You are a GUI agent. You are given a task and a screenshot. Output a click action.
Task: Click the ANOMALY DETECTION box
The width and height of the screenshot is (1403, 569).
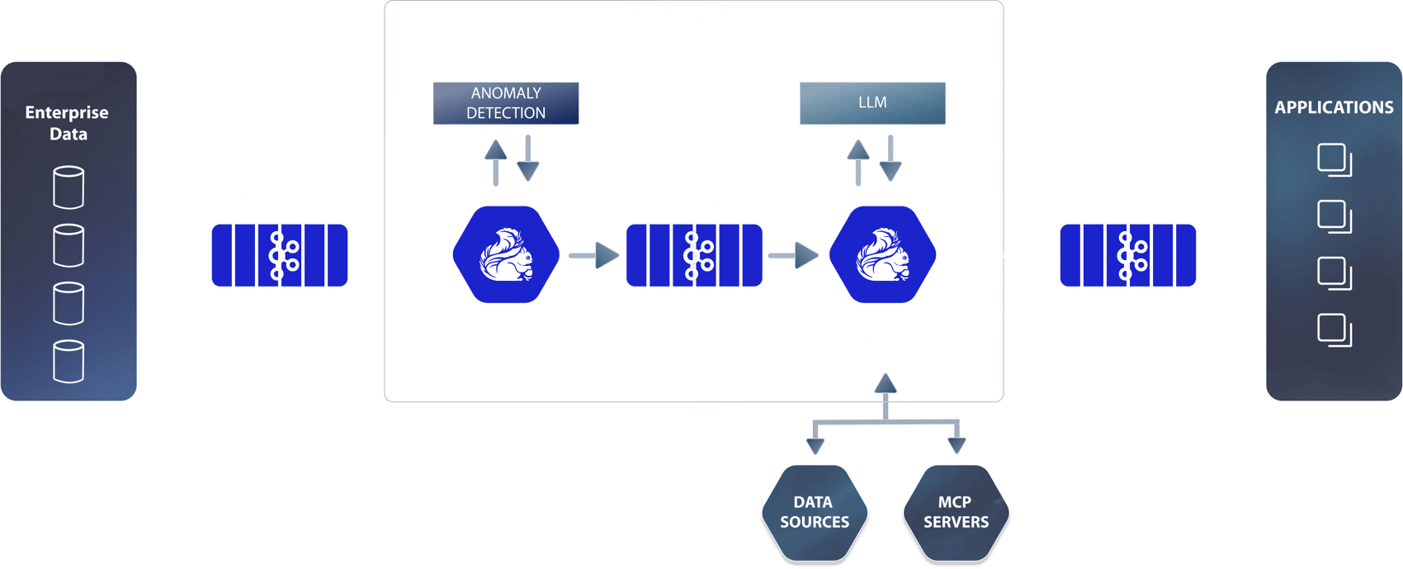click(506, 103)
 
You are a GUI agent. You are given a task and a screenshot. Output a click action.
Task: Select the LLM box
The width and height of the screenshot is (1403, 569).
click(872, 103)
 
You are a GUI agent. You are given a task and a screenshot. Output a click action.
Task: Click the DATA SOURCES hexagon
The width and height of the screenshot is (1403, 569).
click(814, 512)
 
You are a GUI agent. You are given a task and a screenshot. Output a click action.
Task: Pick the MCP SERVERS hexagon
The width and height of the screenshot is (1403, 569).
click(956, 512)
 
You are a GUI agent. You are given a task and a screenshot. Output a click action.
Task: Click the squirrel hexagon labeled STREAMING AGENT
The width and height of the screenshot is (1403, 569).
click(882, 254)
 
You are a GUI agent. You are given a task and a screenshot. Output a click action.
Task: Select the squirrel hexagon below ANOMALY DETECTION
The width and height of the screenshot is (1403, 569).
click(506, 254)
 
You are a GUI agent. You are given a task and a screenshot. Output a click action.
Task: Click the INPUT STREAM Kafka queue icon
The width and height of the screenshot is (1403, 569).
click(280, 255)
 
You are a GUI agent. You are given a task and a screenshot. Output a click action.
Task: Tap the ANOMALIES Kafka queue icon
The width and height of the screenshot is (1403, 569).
click(694, 255)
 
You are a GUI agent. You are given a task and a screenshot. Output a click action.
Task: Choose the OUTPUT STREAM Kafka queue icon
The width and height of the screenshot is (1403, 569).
click(1127, 255)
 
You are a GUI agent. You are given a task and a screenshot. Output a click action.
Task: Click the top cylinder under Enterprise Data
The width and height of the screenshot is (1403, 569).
click(68, 187)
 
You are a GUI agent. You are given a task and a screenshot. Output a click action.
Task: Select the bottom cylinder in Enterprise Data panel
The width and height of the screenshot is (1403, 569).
click(68, 361)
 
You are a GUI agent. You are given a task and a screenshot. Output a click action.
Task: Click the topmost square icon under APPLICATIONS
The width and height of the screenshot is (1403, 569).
click(1334, 159)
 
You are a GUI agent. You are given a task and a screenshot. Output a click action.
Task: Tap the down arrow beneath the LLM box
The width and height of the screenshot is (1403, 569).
click(890, 159)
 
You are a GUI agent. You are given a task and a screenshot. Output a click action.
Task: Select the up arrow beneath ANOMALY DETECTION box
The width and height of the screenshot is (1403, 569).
click(495, 160)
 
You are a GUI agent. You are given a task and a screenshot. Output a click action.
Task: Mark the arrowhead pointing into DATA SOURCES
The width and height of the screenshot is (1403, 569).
click(815, 446)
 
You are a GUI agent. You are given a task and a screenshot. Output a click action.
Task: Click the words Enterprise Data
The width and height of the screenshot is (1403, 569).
click(68, 123)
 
